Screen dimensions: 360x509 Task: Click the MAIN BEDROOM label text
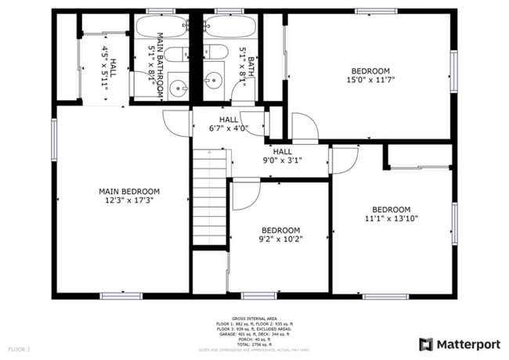(x=129, y=192)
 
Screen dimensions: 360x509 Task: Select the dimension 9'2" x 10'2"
(x=281, y=239)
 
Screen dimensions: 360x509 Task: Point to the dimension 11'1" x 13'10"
(x=391, y=219)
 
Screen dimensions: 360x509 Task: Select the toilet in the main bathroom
(x=179, y=55)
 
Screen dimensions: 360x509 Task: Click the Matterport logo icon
(x=426, y=344)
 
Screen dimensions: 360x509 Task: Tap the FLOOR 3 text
(x=20, y=348)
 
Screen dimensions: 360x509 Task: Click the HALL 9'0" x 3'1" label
(x=283, y=156)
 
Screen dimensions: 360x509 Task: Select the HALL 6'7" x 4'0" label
(x=229, y=124)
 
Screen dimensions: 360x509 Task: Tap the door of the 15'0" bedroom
(x=302, y=127)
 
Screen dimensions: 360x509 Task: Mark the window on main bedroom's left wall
(x=54, y=137)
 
